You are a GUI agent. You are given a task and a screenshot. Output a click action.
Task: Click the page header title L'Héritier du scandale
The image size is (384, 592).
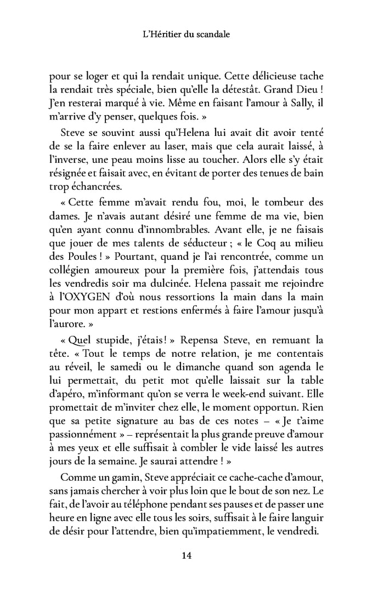(x=185, y=34)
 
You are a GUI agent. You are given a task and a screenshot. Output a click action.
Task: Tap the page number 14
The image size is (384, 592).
(x=186, y=556)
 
